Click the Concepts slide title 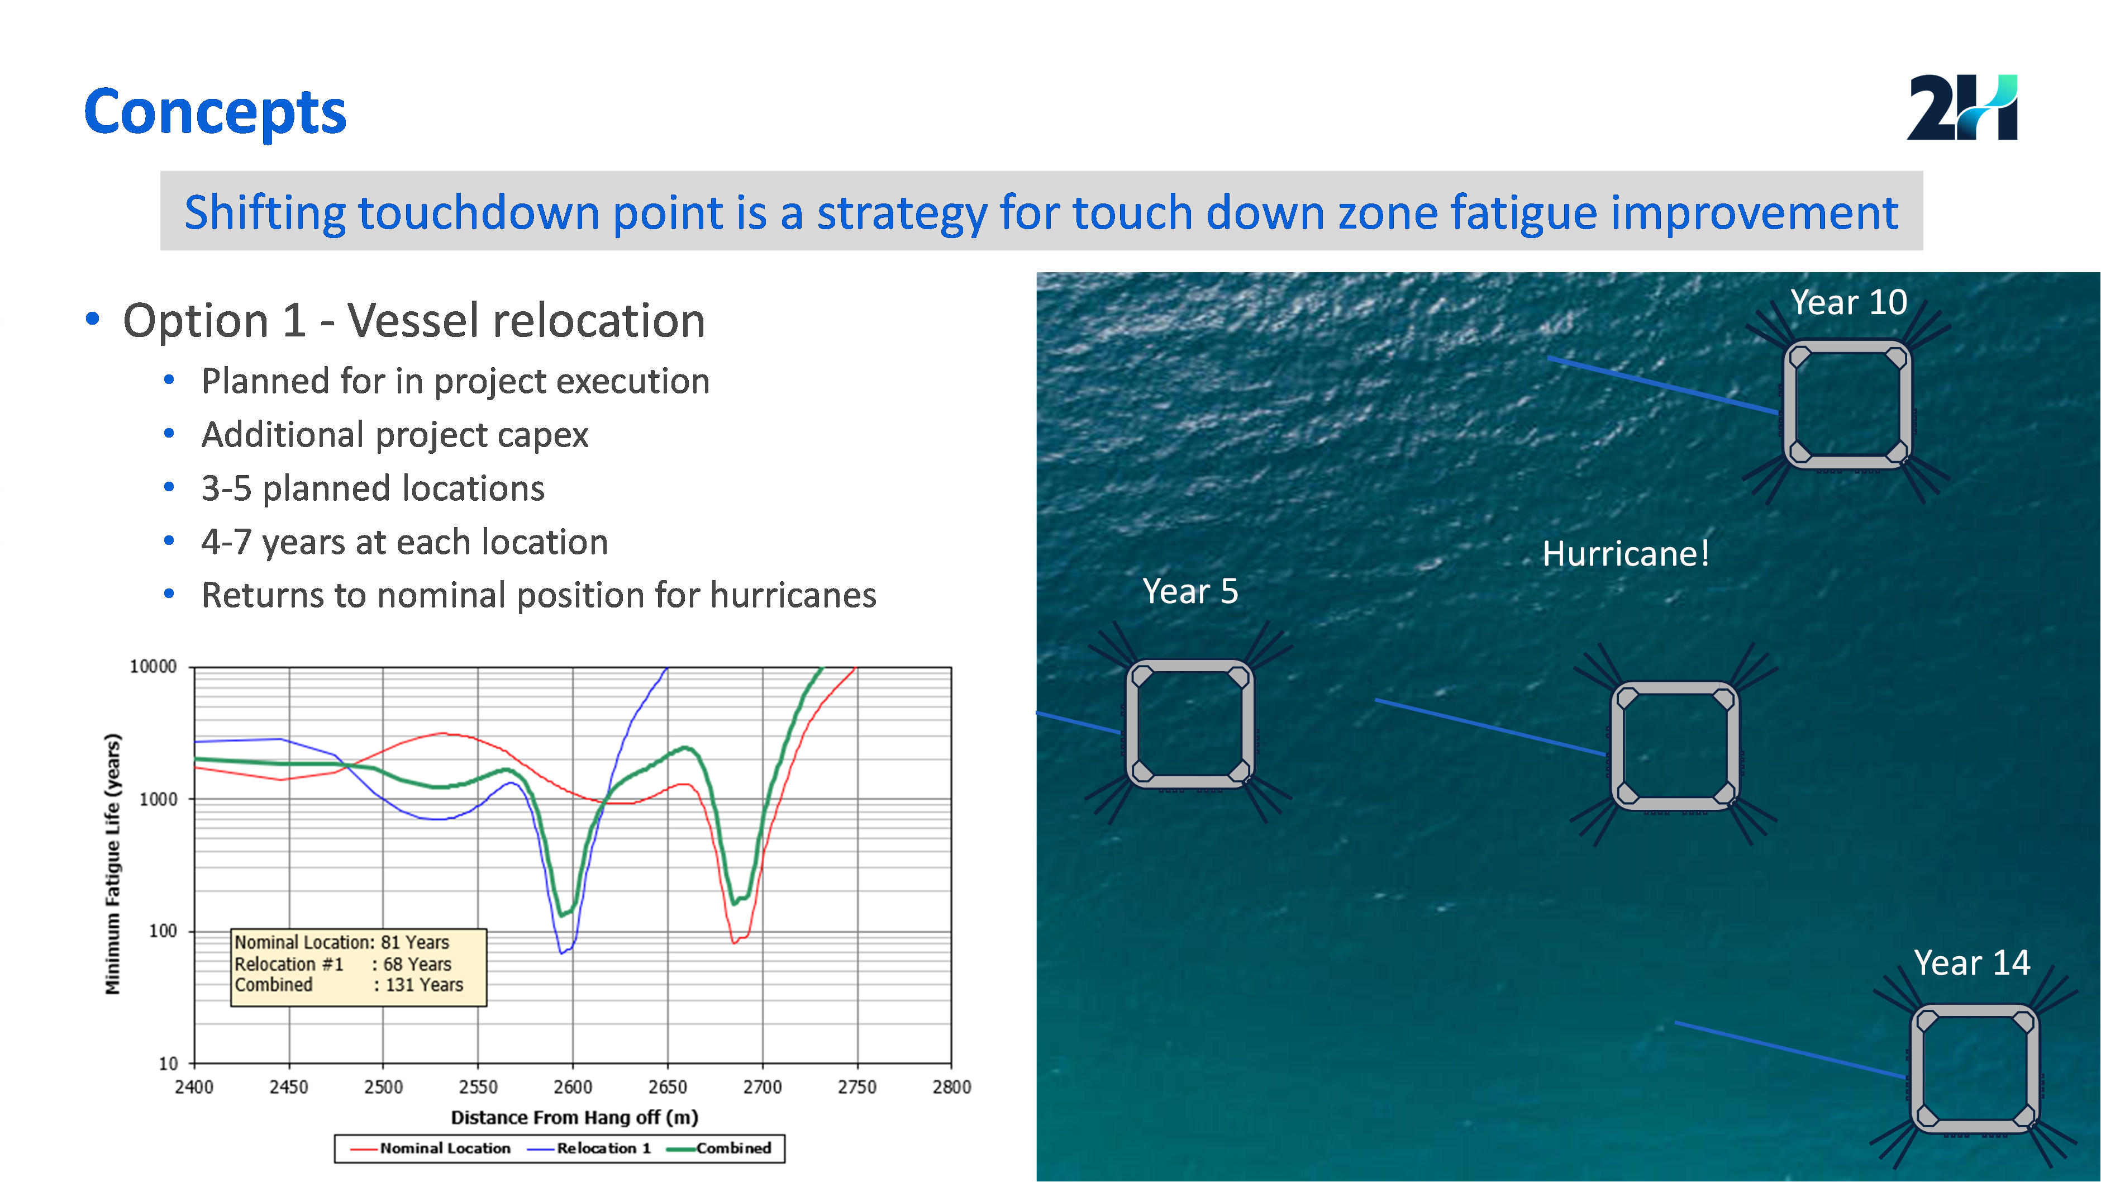tap(215, 112)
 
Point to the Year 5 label tap(1190, 591)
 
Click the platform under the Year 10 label tap(1847, 405)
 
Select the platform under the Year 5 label tap(1190, 724)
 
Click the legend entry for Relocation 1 tap(590, 1148)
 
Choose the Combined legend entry tap(720, 1148)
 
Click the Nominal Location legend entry tap(431, 1148)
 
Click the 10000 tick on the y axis tap(153, 667)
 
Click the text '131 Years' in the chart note tap(424, 985)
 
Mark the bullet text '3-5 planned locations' tap(373, 488)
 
